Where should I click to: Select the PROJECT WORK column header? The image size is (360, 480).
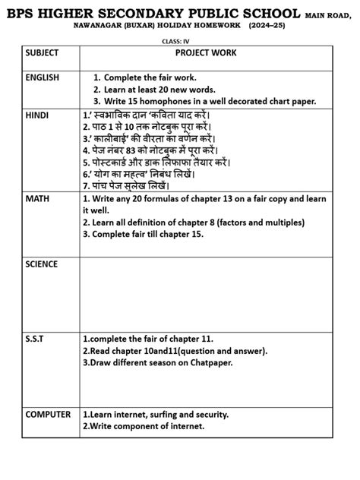206,53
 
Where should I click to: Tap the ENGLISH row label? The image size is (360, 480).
42,77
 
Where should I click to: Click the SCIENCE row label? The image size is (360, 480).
41,264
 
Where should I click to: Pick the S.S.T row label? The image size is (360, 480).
35,338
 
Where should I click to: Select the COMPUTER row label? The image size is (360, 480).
48,415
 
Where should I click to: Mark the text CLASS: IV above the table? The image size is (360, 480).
180,39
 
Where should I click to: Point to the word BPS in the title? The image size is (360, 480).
21,10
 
